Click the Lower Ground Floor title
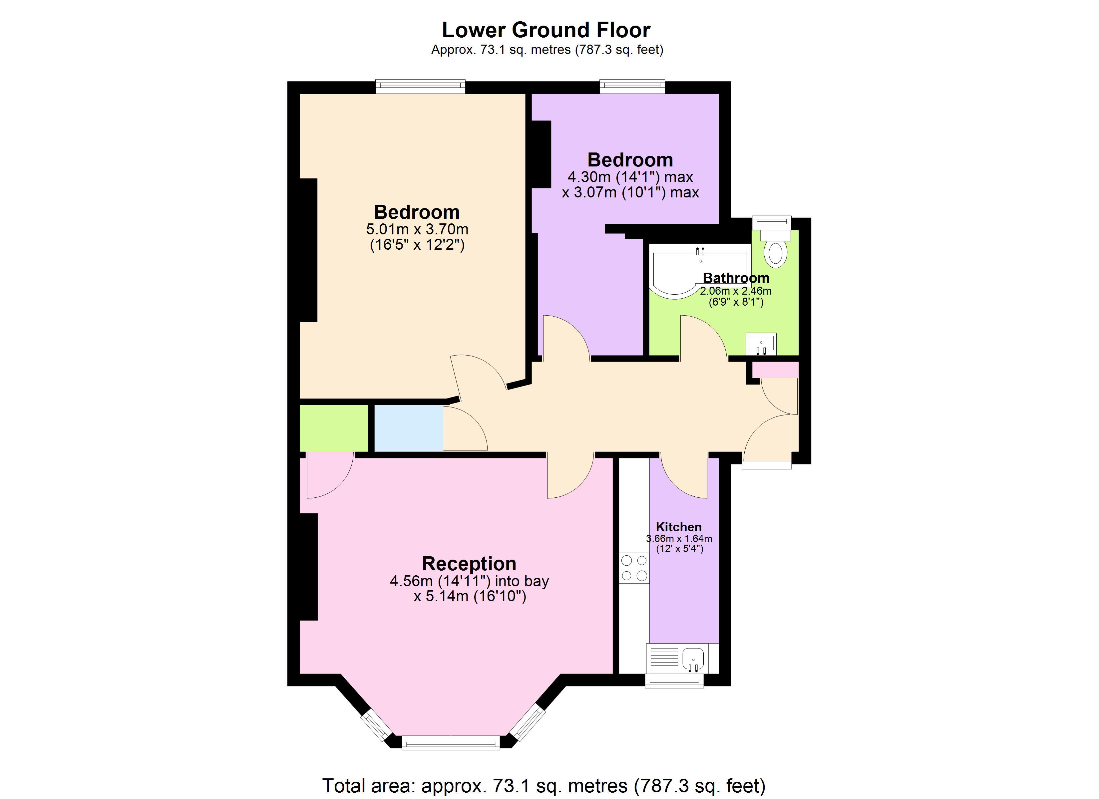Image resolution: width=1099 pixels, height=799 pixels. pos(546,30)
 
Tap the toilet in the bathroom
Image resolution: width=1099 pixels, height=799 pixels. pos(775,251)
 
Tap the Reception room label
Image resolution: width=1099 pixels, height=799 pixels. pos(469,564)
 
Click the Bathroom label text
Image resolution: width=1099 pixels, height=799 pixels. pos(736,278)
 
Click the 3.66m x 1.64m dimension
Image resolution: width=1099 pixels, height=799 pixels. pos(679,538)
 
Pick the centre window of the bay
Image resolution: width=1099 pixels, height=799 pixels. pos(451,743)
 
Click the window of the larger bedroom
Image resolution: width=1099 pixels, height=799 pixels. pos(420,87)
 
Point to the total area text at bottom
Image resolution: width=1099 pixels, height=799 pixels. pos(544,785)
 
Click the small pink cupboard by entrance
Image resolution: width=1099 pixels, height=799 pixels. pos(775,370)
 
